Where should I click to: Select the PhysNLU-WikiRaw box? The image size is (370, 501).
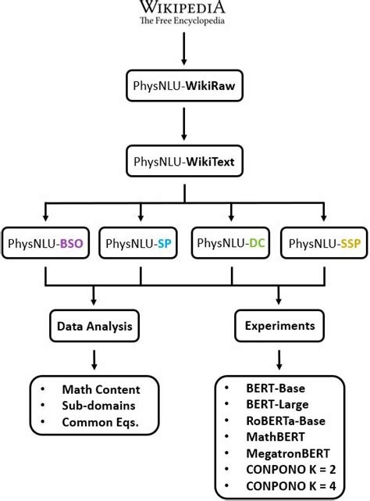(183, 85)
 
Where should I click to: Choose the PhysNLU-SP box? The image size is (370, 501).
(141, 244)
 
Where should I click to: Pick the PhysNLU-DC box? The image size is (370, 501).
(231, 243)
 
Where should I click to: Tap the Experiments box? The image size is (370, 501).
(279, 324)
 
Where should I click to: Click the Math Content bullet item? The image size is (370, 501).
(101, 389)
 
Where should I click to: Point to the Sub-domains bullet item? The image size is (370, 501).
(98, 406)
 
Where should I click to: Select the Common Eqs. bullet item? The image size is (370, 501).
(101, 422)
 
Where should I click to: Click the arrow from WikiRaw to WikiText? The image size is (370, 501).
(183, 124)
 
